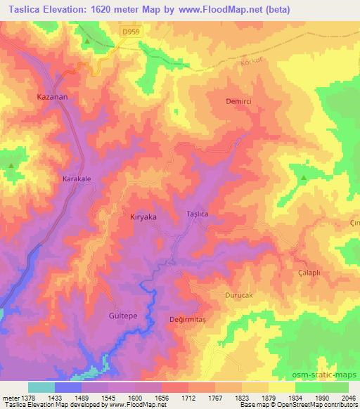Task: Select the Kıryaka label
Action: point(143,217)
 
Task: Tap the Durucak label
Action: point(238,296)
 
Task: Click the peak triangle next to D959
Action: point(86,41)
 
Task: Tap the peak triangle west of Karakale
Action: point(11,166)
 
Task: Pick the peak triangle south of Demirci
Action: point(304,178)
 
